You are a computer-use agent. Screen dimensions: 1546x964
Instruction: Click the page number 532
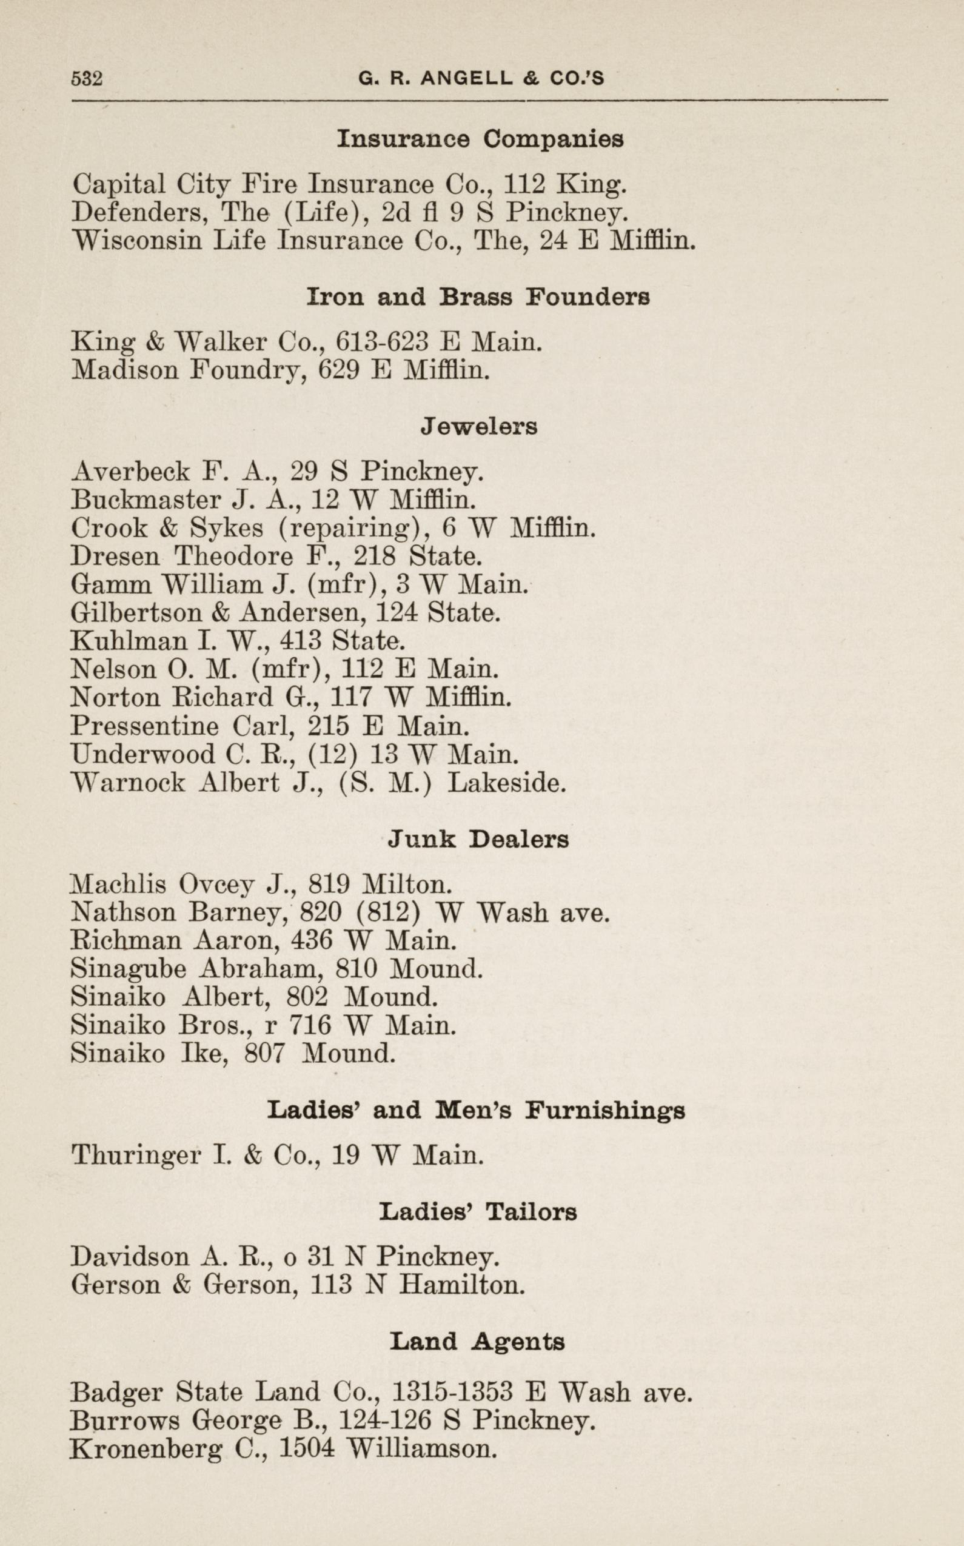[x=87, y=78]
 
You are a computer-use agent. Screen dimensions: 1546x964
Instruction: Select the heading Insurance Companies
[x=480, y=139]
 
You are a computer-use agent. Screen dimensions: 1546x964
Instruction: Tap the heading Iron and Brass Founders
[x=478, y=297]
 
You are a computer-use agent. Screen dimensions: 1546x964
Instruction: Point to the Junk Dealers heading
[x=478, y=840]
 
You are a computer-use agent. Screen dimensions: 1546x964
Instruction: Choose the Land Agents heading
[x=478, y=1342]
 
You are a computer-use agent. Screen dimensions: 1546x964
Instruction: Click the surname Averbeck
[x=131, y=472]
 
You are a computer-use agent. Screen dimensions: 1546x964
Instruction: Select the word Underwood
[x=144, y=755]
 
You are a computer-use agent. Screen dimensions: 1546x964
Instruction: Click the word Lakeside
[x=507, y=783]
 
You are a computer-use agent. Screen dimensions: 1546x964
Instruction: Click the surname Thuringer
[x=136, y=1155]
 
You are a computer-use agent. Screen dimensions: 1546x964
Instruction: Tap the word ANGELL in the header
[x=467, y=78]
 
